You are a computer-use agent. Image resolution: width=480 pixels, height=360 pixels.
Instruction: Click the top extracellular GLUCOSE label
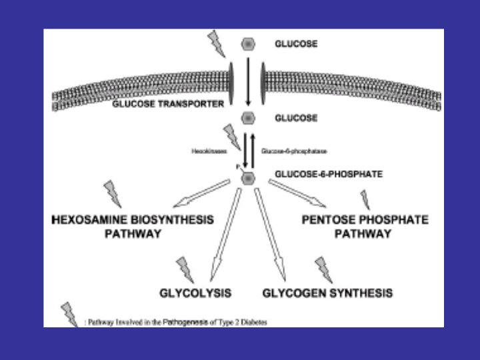tap(296, 44)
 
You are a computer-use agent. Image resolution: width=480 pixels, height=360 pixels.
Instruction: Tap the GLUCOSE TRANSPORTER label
tap(167, 104)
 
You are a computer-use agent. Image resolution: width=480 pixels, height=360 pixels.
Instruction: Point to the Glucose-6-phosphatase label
tap(294, 151)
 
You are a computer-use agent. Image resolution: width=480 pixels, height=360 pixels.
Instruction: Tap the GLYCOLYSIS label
tap(195, 293)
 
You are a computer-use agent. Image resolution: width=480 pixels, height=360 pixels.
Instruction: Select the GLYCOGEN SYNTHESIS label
tap(327, 293)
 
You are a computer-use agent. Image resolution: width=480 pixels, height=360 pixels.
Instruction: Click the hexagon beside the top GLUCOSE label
tap(247, 45)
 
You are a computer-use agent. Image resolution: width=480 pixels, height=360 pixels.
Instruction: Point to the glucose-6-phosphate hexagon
tap(247, 178)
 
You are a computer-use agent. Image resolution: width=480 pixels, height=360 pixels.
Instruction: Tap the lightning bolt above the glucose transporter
tap(217, 44)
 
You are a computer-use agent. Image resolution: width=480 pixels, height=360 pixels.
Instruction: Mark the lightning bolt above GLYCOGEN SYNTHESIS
tap(323, 268)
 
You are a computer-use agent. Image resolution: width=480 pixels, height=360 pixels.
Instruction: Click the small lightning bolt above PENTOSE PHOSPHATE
tap(365, 199)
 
